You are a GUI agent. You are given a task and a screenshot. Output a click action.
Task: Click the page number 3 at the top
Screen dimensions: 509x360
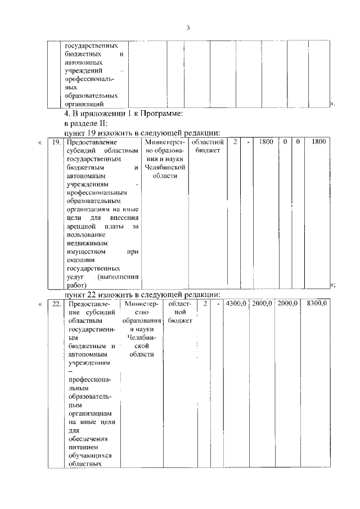(189, 28)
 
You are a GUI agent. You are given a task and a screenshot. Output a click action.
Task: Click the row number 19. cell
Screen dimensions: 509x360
(56, 142)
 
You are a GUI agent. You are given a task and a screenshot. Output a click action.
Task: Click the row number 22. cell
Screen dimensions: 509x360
(56, 304)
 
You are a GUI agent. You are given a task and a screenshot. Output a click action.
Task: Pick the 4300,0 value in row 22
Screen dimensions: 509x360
(236, 304)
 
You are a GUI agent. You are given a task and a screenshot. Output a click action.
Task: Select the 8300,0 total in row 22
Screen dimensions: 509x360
(317, 304)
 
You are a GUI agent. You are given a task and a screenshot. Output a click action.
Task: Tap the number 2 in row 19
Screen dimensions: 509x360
(235, 142)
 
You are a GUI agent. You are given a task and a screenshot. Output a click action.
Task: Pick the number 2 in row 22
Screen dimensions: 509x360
(206, 304)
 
